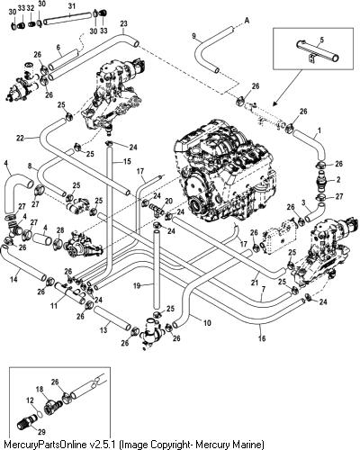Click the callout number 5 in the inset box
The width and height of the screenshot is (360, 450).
point(321,40)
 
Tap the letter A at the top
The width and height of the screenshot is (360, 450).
point(247,21)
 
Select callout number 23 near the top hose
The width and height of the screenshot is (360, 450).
point(123,23)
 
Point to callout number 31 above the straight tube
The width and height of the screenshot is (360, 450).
point(71,6)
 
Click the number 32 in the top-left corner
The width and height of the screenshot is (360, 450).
point(31,8)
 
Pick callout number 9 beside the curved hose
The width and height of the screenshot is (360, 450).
point(193,36)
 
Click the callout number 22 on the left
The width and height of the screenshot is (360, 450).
point(20,138)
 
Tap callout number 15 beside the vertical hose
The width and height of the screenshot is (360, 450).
point(127,161)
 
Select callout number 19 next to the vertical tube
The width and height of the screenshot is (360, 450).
point(137,286)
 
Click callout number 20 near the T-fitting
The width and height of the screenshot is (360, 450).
point(169,201)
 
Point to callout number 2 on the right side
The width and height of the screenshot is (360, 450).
point(338,180)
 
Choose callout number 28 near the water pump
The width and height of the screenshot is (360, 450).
point(60,230)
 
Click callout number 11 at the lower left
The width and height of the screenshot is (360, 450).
point(54,306)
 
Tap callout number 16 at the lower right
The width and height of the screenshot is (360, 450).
point(262,338)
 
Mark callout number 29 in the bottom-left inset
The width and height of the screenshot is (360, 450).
point(41,432)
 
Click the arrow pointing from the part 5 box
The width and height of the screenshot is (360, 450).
point(287,87)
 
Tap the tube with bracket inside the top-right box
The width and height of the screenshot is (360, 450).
point(318,51)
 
